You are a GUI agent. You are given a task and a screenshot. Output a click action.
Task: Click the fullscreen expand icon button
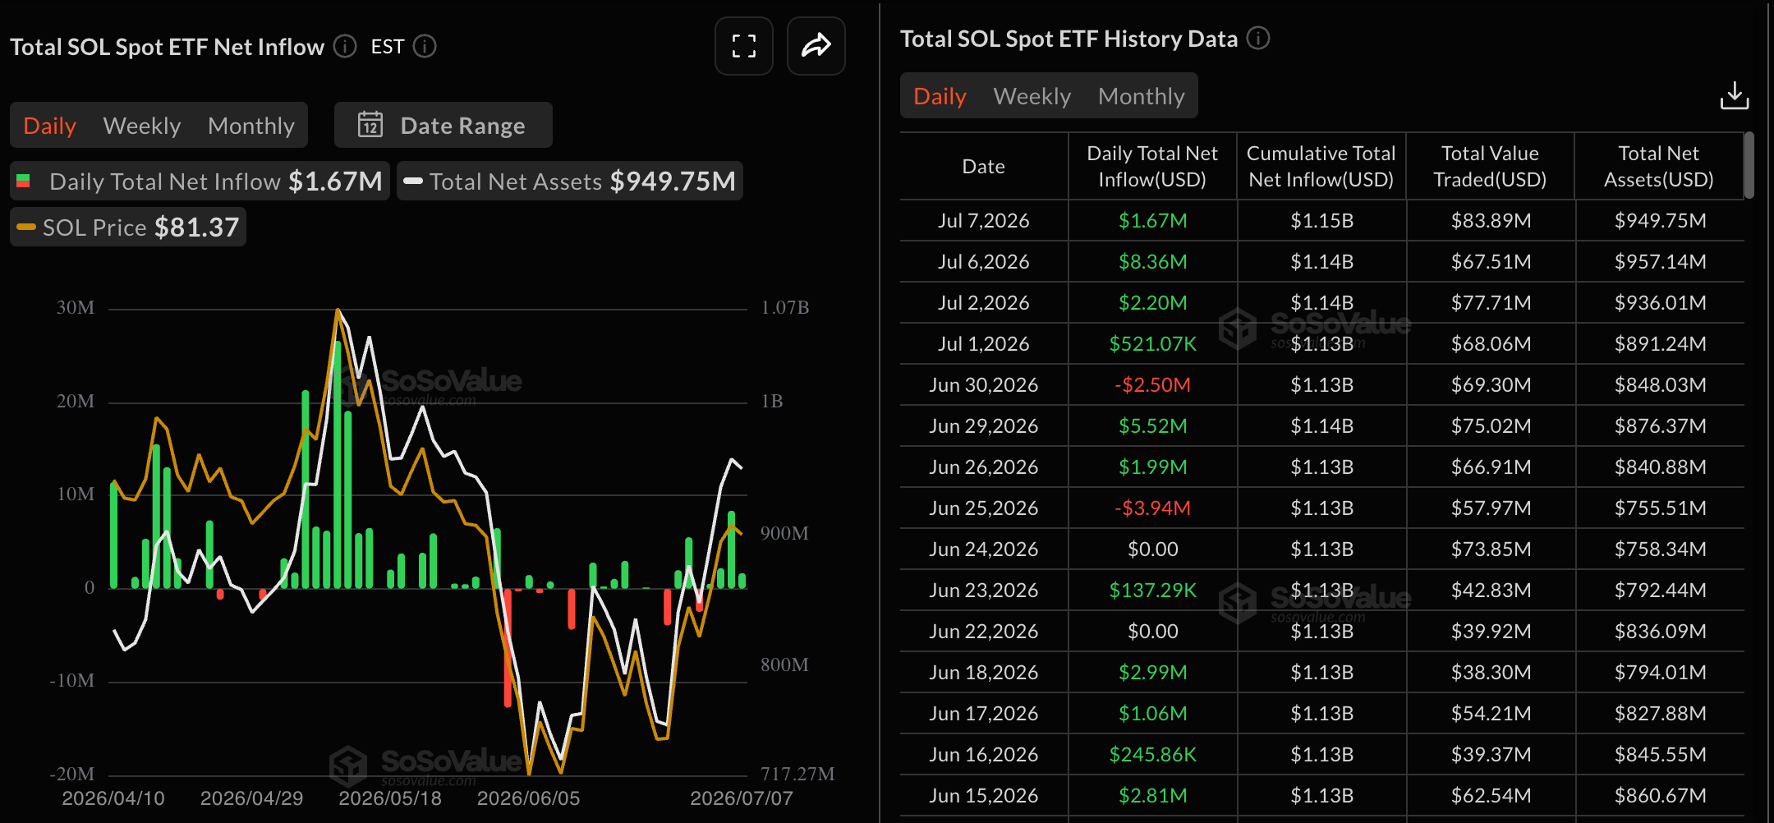tap(744, 46)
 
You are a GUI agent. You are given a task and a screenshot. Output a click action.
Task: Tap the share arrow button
tap(816, 46)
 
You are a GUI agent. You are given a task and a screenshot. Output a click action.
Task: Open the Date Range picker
tap(443, 126)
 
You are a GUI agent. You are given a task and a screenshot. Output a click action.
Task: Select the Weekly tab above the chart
tap(142, 126)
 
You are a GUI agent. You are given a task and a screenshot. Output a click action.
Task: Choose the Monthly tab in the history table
tap(1142, 96)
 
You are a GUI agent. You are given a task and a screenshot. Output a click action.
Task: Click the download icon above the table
tap(1735, 95)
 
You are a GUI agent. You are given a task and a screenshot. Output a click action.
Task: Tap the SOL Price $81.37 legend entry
tap(128, 227)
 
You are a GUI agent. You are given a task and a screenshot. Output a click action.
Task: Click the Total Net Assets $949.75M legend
tap(570, 181)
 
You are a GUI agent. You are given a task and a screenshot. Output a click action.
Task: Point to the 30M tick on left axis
tap(76, 308)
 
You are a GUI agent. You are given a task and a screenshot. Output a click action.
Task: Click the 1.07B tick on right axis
tap(785, 308)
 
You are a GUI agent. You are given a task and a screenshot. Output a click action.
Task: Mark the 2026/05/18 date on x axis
tap(390, 798)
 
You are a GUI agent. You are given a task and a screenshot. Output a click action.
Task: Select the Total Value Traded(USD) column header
tap(1490, 167)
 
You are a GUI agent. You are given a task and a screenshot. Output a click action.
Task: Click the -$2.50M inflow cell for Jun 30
tap(1152, 385)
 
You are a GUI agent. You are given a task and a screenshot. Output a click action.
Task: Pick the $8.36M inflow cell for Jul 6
tap(1152, 262)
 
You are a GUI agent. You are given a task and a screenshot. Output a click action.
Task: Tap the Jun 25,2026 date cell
tap(984, 508)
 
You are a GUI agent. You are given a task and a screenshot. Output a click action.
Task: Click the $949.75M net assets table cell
tap(1660, 221)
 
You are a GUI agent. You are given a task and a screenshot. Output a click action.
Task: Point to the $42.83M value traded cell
tap(1491, 591)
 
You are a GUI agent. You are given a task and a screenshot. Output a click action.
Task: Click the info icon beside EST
tap(425, 46)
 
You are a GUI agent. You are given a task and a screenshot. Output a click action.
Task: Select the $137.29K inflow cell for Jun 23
tap(1152, 591)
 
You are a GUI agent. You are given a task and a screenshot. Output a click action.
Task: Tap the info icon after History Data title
tap(1258, 38)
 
